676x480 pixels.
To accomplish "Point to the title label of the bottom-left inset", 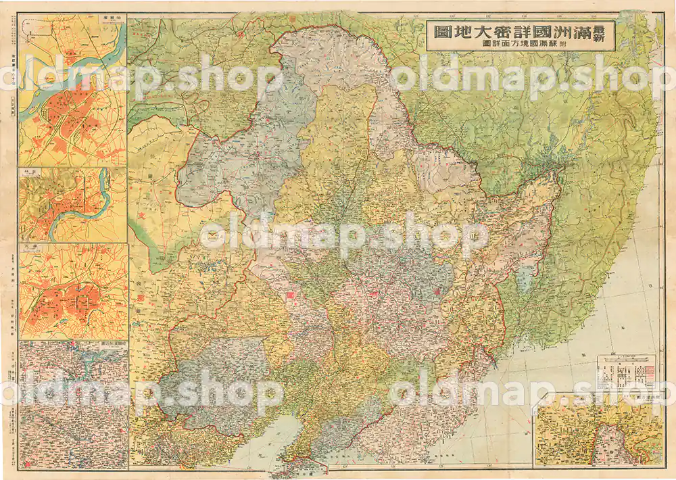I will [x=108, y=344].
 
